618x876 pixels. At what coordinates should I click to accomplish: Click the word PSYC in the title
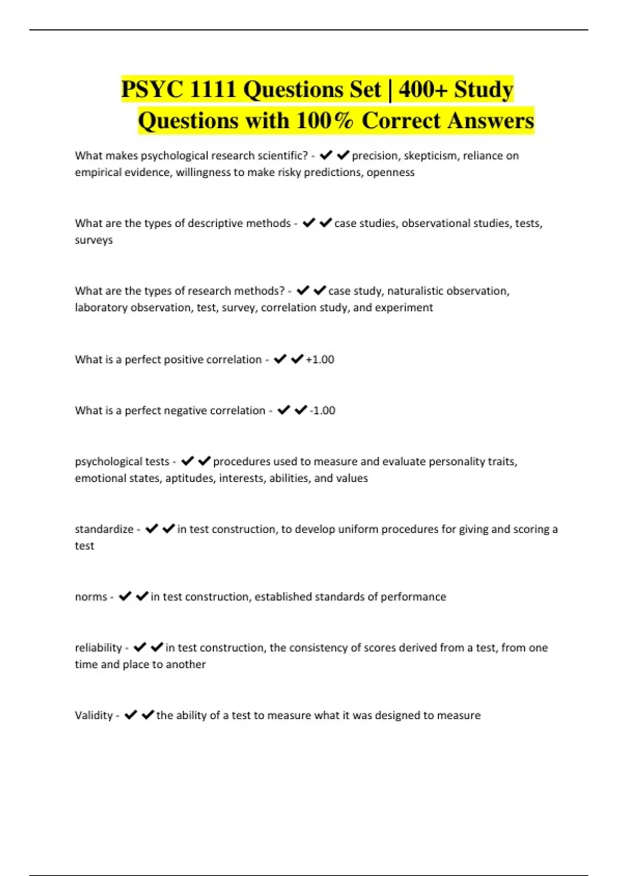152,90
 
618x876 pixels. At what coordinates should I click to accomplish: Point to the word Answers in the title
490,121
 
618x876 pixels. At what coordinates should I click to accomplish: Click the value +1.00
320,360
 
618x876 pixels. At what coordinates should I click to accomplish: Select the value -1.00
322,411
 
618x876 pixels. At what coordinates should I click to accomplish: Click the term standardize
104,529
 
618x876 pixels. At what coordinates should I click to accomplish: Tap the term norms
91,597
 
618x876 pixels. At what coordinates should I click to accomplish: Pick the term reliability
98,648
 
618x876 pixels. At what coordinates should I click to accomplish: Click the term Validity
94,715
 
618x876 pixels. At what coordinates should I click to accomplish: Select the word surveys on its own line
94,240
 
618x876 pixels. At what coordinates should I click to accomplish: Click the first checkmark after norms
125,596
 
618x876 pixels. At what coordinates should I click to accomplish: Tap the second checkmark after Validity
148,715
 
